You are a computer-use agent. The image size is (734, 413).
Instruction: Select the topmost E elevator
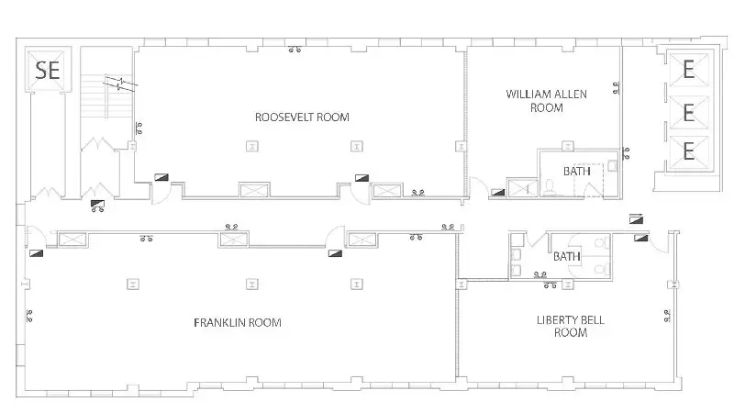[x=687, y=71]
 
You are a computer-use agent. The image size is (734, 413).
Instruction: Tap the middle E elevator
[x=687, y=112]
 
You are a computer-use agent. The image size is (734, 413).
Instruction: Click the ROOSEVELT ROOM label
[x=302, y=117]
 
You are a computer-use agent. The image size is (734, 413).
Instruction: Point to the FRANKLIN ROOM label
[x=237, y=322]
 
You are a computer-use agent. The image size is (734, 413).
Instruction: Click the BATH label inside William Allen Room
[x=576, y=171]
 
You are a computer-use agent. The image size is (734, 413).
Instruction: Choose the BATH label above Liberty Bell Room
[x=566, y=256]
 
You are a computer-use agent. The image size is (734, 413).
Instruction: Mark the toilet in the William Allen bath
[x=548, y=186]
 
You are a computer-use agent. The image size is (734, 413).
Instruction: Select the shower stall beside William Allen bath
[x=524, y=188]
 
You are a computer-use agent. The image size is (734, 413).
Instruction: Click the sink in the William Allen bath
[x=612, y=166]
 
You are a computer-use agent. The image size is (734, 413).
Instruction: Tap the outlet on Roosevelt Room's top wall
[x=295, y=50]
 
